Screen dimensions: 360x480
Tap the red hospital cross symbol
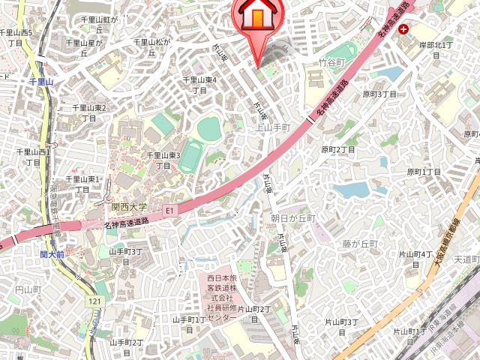click(405, 30)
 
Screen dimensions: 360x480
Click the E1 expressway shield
click(169, 211)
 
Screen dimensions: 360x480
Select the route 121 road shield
click(94, 301)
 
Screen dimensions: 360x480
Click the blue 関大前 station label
click(52, 255)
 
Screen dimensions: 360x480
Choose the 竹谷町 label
click(331, 63)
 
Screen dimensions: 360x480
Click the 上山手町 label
click(273, 127)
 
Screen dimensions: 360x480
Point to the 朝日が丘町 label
click(294, 217)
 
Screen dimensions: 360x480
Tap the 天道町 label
click(466, 259)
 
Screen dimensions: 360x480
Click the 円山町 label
click(28, 289)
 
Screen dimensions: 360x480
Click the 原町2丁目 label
click(338, 150)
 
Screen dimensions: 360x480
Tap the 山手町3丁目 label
click(126, 256)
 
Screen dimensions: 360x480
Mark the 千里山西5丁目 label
click(16, 38)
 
